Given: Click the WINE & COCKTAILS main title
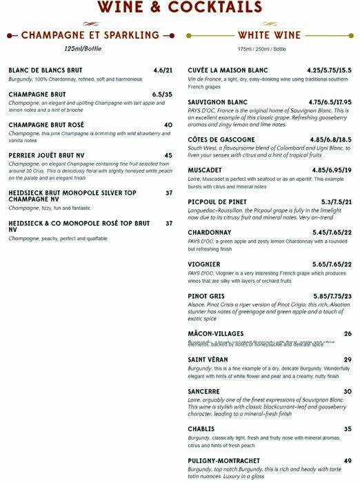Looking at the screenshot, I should click(x=180, y=7).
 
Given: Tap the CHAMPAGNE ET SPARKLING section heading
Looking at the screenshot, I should click(x=90, y=34).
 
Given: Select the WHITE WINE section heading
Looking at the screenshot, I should click(x=269, y=34).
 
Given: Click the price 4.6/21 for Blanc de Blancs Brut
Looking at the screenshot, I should click(x=163, y=70).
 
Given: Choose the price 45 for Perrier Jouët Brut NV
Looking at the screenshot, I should click(x=168, y=155).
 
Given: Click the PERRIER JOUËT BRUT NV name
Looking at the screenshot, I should click(x=46, y=155).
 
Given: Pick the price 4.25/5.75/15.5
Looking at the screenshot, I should click(x=330, y=70).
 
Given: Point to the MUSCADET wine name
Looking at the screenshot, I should click(x=205, y=170).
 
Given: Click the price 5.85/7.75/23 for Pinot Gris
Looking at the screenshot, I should click(x=332, y=296).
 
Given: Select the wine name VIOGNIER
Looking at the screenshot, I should click(x=204, y=264).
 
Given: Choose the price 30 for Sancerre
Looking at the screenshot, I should click(x=348, y=391).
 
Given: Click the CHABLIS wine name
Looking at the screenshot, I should click(x=202, y=428).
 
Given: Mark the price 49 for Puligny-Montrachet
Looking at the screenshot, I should click(x=348, y=460).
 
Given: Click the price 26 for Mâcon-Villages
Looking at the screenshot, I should click(x=348, y=334).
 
